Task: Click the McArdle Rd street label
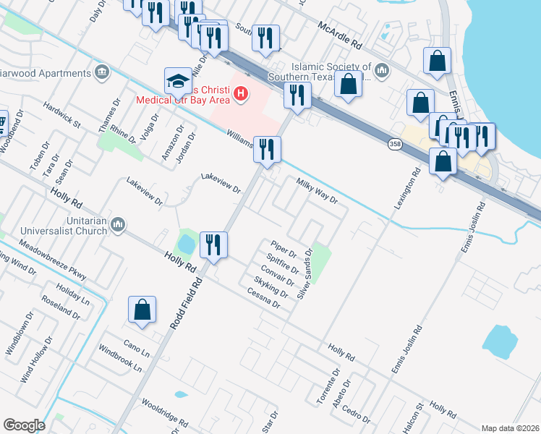coord(339,35)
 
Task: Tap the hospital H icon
coord(241,93)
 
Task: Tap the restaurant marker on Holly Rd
coord(214,243)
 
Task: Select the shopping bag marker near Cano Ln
coord(142,310)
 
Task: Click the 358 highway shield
coord(395,145)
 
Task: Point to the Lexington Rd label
coord(407,190)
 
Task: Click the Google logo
coord(24,425)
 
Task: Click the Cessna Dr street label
coord(263,298)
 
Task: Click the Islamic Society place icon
coord(383,70)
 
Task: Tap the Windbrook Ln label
coord(121,362)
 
